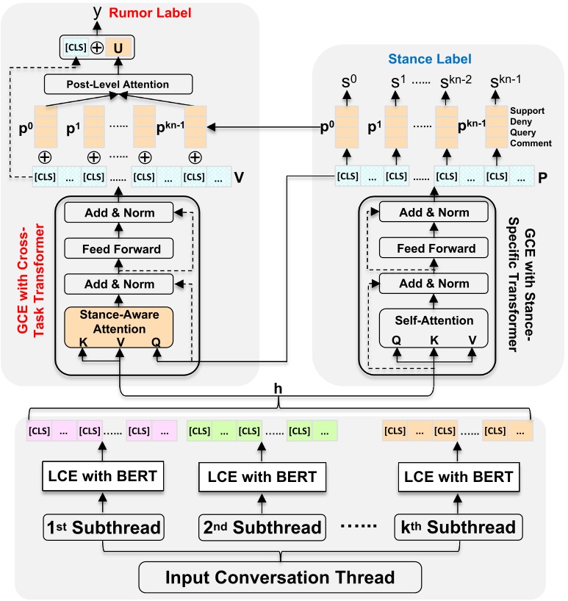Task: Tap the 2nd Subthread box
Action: pyautogui.click(x=261, y=527)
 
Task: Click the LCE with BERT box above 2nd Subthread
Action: pyautogui.click(x=261, y=476)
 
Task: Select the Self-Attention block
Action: pyautogui.click(x=434, y=321)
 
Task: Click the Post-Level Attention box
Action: pyautogui.click(x=119, y=84)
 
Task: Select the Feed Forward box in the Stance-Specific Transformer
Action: pyautogui.click(x=434, y=248)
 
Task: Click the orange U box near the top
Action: pyautogui.click(x=116, y=49)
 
